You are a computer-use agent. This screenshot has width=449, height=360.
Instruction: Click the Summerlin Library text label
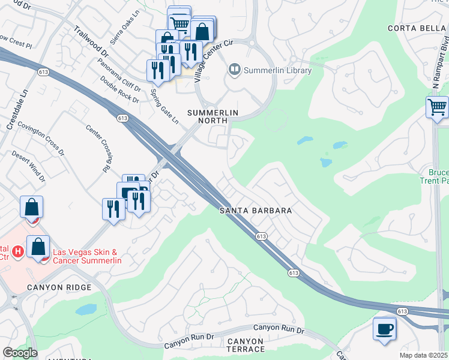pos(278,70)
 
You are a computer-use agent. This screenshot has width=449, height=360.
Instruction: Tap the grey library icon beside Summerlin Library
pos(234,70)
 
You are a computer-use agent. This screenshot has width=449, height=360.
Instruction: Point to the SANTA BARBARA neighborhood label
pos(256,211)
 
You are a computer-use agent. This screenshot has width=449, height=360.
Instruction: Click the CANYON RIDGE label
pos(59,287)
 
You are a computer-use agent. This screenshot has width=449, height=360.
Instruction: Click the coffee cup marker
pos(384,328)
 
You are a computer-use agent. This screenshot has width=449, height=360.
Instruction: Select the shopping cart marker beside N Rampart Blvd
pos(438,107)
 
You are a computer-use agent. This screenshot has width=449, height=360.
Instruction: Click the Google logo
pos(20,353)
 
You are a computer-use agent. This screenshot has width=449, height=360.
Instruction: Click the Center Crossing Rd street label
pos(100,144)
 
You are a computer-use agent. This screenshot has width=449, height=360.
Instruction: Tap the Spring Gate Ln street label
pos(164,106)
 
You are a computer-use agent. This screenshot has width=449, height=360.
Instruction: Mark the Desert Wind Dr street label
pos(28,166)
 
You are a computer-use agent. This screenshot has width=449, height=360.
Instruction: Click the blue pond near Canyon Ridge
pos(86,310)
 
